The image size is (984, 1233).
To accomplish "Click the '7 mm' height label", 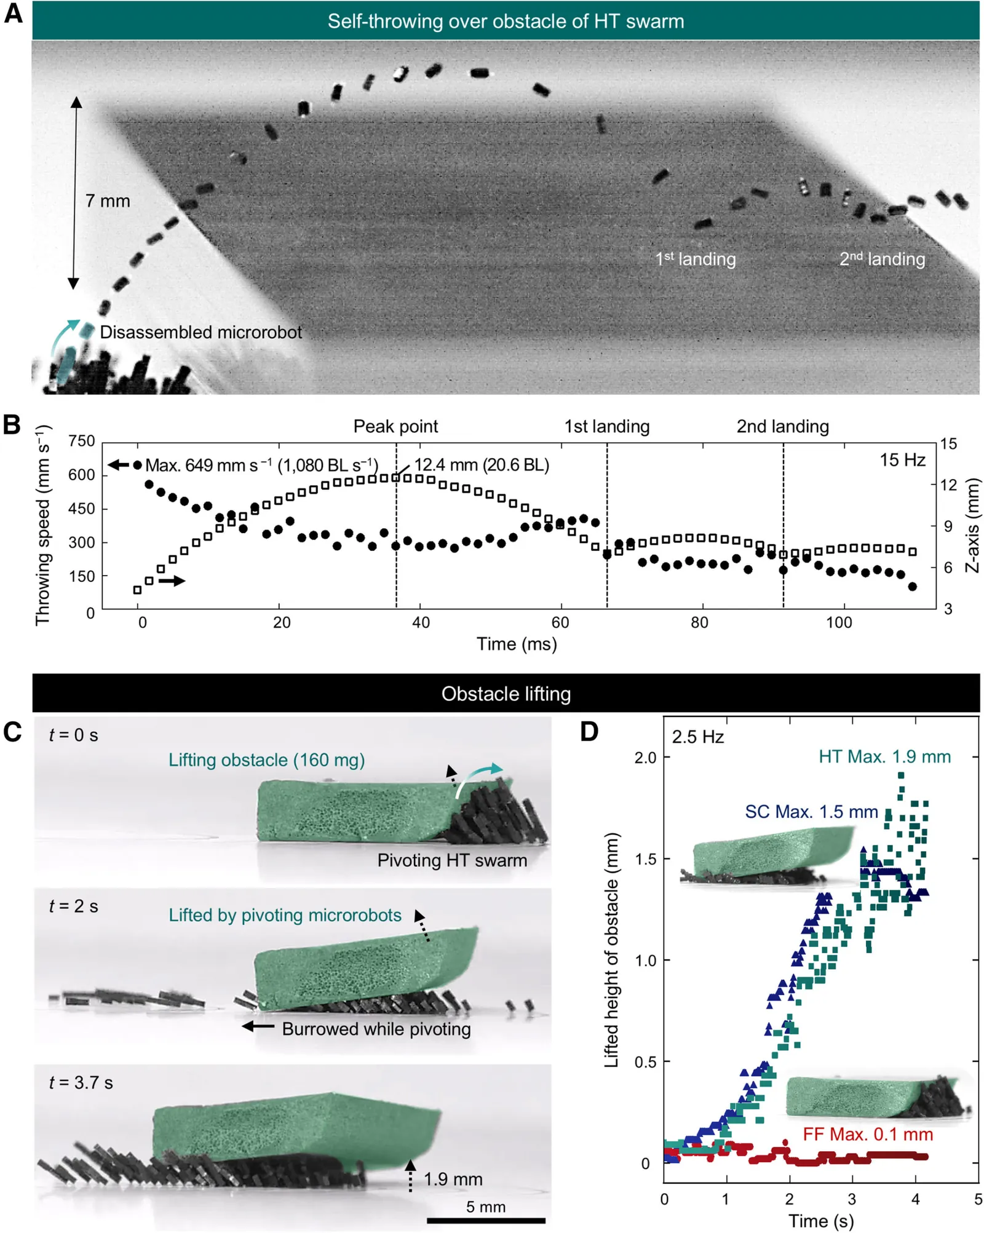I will [x=108, y=201].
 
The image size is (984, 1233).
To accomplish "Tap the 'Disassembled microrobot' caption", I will [x=200, y=332].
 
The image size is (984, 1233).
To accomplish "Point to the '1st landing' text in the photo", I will [x=695, y=259].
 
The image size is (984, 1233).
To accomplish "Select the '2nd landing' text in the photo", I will [x=882, y=259].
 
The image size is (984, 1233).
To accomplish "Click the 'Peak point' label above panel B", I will [x=395, y=426].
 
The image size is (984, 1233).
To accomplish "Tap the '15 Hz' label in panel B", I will [x=902, y=460].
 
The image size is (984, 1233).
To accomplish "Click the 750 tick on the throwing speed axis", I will [x=81, y=441].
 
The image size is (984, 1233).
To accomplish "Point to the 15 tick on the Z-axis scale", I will [x=948, y=443].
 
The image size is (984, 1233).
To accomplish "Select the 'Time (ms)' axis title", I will [x=517, y=644].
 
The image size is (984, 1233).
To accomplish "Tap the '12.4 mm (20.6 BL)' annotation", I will [x=482, y=465].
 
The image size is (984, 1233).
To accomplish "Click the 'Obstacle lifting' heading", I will [x=506, y=694].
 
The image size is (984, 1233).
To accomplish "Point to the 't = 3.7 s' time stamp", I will [x=81, y=1082].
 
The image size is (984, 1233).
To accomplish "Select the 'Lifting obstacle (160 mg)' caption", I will [x=266, y=760].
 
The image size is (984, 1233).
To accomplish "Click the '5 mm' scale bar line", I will [x=486, y=1220].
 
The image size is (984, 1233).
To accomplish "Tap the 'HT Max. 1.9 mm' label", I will [x=884, y=756].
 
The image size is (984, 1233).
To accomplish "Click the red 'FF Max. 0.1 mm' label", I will [x=868, y=1134].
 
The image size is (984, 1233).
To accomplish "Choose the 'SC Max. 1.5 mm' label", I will [x=811, y=812].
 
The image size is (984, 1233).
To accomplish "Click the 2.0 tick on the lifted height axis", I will [x=645, y=758].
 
